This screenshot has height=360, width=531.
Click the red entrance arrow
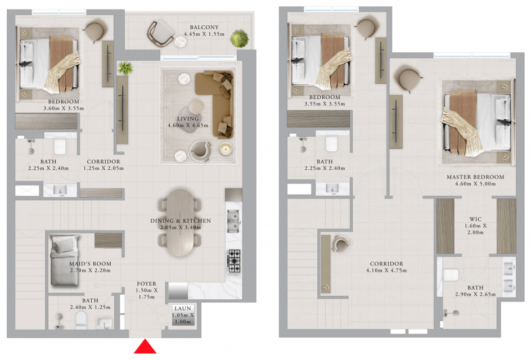coord(145,348)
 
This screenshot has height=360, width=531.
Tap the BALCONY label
coord(204,27)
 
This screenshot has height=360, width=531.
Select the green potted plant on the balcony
coord(239,38)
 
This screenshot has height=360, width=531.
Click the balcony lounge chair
coord(160,33)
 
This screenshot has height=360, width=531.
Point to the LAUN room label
coord(183,308)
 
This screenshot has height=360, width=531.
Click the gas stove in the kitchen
coord(234,261)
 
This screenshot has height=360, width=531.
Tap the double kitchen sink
coord(233,221)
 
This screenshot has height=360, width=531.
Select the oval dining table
coord(180,222)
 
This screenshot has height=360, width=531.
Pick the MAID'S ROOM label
coord(90,263)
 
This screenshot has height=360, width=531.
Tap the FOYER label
coord(147,284)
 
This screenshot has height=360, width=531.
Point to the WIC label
coord(475,219)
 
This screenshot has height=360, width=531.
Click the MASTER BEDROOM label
coord(475,177)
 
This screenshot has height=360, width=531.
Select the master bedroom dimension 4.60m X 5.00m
coord(475,184)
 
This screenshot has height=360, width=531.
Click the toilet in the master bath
coord(451,274)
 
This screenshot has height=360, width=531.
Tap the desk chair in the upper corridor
coord(341,244)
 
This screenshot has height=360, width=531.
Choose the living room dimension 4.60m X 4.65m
coord(188,125)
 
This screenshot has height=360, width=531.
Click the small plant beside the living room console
coord(125,68)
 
